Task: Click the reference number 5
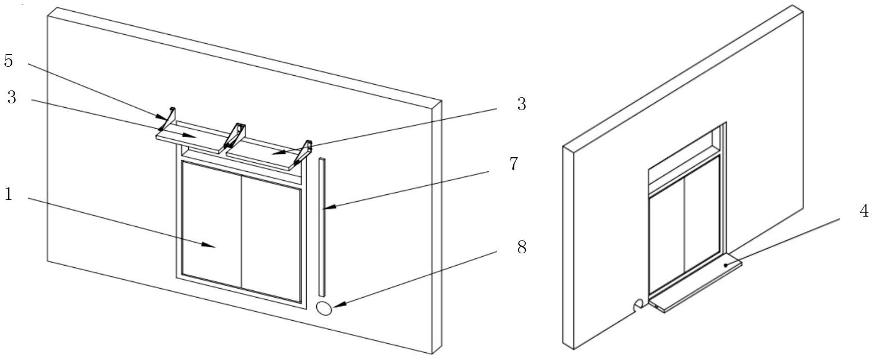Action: click(9, 61)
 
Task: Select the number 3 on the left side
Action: click(11, 97)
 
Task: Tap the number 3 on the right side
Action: click(521, 104)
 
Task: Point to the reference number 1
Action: click(8, 195)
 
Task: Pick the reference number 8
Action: click(521, 247)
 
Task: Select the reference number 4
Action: click(864, 211)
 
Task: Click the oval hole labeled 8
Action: click(324, 308)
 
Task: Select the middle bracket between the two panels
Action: click(235, 136)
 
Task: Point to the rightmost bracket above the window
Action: click(303, 153)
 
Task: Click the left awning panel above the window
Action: click(188, 139)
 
